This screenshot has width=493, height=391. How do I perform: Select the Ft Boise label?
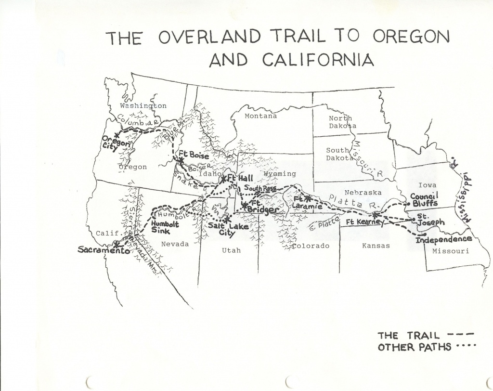tap(194, 156)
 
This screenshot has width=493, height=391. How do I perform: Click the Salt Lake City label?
tap(222, 229)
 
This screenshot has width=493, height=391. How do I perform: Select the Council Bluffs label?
tap(424, 199)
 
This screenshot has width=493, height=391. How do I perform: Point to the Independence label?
tap(443, 239)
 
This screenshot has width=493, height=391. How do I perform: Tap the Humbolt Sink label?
tap(165, 227)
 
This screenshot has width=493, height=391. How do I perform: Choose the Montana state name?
tap(260, 116)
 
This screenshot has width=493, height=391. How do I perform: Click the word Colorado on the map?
tap(310, 246)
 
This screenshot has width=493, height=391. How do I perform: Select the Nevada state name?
tap(175, 244)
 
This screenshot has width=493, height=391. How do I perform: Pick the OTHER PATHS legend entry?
tap(414, 347)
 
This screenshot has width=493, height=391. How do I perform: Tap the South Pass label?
tap(260, 188)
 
